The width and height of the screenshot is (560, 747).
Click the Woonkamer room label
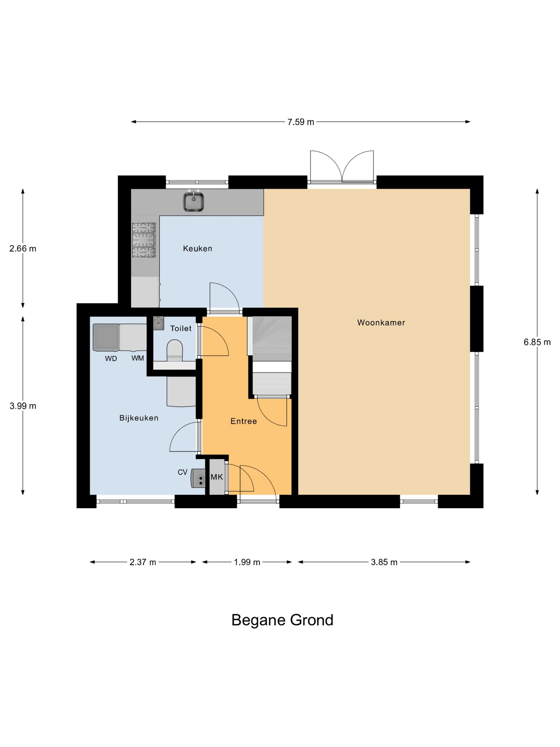(381, 323)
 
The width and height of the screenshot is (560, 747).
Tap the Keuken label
(198, 249)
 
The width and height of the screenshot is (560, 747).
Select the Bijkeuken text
(139, 418)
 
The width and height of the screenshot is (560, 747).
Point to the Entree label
(244, 421)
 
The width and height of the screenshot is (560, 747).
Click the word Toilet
(181, 328)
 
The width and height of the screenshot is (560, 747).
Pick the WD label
(111, 359)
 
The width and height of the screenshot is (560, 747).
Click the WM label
(138, 358)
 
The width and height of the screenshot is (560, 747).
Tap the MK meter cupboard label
(217, 477)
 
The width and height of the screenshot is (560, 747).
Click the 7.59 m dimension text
(301, 122)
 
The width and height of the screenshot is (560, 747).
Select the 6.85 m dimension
(537, 342)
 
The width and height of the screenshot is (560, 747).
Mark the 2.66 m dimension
(23, 249)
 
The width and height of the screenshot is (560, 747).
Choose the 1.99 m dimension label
(247, 562)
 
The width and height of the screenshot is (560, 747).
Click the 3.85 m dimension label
(384, 562)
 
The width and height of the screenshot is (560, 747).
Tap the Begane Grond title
(282, 620)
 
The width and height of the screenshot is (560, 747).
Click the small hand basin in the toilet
(158, 323)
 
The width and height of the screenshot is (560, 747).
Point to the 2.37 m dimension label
(143, 562)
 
